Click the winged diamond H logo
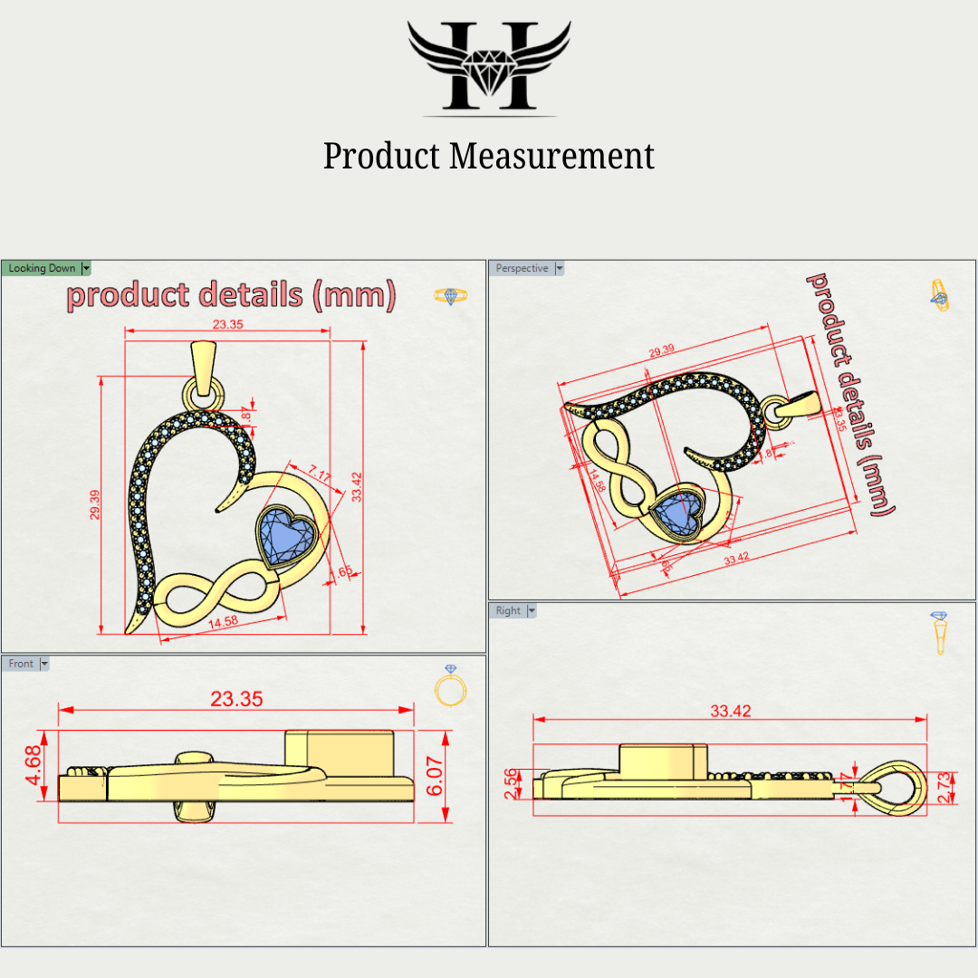[489, 68]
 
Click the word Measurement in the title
[552, 156]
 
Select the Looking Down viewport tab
[43, 268]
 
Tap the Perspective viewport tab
[523, 268]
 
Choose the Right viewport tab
[508, 610]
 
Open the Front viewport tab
[21, 664]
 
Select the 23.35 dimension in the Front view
[236, 698]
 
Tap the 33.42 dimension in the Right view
[730, 711]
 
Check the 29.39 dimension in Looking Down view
[94, 504]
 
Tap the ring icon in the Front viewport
[450, 686]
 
